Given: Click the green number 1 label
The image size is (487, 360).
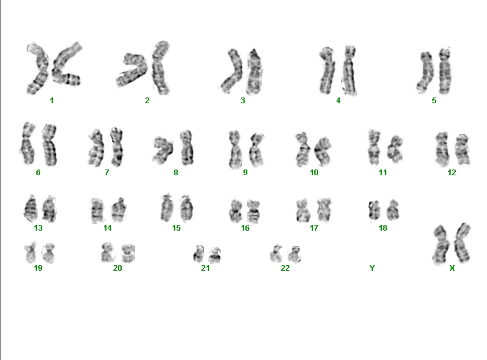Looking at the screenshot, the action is [x=52, y=101].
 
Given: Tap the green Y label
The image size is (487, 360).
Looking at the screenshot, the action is [x=372, y=268].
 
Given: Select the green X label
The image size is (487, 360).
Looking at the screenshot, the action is [x=452, y=268].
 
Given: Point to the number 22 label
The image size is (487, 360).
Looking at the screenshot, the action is [x=285, y=268].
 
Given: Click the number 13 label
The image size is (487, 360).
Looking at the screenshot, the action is [x=38, y=228].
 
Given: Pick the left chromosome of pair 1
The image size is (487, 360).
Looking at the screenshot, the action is [x=39, y=68].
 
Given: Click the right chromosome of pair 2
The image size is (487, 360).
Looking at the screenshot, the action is [x=161, y=67].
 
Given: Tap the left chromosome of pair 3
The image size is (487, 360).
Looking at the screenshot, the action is [x=232, y=71].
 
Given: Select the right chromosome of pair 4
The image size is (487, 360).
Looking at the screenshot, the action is [x=349, y=71].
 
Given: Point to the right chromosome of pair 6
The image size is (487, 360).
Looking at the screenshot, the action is [x=50, y=145].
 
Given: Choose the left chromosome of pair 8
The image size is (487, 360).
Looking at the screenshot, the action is [x=163, y=150].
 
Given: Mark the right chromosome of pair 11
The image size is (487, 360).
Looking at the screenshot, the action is [x=395, y=149].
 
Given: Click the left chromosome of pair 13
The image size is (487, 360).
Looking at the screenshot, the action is [x=31, y=208].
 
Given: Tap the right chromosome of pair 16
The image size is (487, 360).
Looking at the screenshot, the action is [x=254, y=211].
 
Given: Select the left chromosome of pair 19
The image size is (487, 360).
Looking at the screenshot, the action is [x=31, y=252].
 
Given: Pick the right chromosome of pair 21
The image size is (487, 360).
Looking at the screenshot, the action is [x=215, y=255].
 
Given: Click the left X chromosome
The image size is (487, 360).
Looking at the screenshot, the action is [x=441, y=245].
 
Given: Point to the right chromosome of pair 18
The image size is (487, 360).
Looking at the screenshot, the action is [x=393, y=210].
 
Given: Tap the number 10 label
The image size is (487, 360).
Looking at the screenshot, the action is [x=314, y=173].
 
